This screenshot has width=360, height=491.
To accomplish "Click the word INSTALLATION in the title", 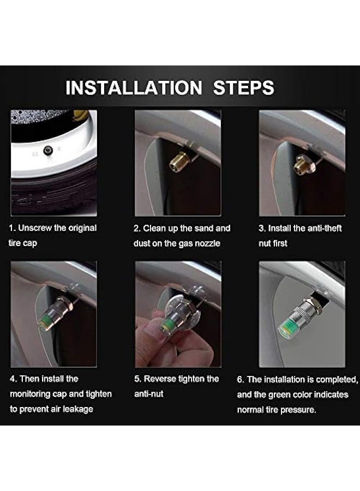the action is pos(134,87).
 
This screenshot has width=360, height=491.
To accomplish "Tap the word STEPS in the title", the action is pos(244,87).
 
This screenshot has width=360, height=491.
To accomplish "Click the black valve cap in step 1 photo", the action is pos(48,151).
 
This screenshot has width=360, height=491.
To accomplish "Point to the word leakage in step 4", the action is pos(78,409).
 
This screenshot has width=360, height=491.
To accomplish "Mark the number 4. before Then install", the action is pos(13,379).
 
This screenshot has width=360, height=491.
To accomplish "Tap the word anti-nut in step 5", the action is pos(149,394).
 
